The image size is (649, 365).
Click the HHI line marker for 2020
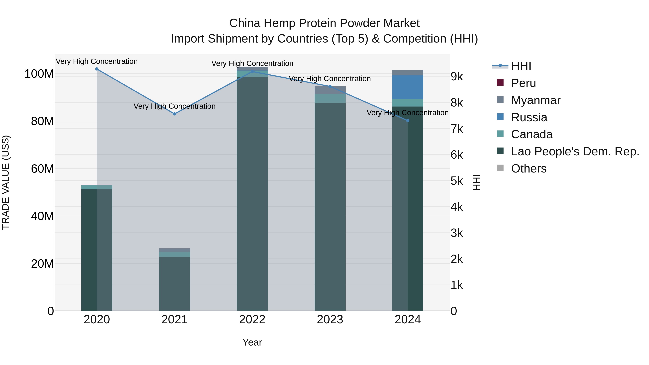97,69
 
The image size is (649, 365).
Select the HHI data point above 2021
175,114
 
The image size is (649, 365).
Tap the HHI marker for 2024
408,121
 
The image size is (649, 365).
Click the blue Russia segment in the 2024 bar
408,87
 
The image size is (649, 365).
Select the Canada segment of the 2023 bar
330,98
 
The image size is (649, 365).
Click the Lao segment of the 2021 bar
175,283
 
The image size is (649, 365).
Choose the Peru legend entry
523,83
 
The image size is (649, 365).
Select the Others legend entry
529,169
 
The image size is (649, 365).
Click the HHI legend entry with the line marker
521,66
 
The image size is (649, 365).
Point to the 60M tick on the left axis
42,169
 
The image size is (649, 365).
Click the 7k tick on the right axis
457,129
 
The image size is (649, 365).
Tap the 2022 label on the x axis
252,320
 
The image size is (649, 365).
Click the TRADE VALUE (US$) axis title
6,182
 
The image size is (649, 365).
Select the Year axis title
252,342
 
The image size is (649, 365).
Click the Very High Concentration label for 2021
175,106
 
